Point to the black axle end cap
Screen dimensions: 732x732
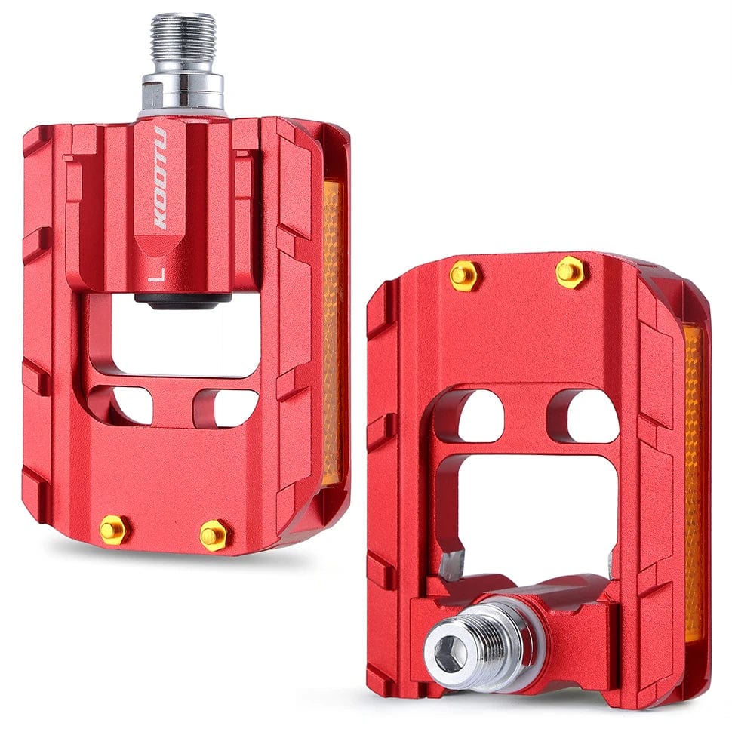183,299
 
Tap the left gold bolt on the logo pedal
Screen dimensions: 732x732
114,529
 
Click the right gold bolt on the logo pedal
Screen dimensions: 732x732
214,535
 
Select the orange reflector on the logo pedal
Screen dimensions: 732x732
332,332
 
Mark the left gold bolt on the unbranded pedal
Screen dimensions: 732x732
463,275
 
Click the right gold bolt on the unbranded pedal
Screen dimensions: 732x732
571,272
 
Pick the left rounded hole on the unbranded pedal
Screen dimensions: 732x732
480,416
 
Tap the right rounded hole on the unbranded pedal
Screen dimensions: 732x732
591,414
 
